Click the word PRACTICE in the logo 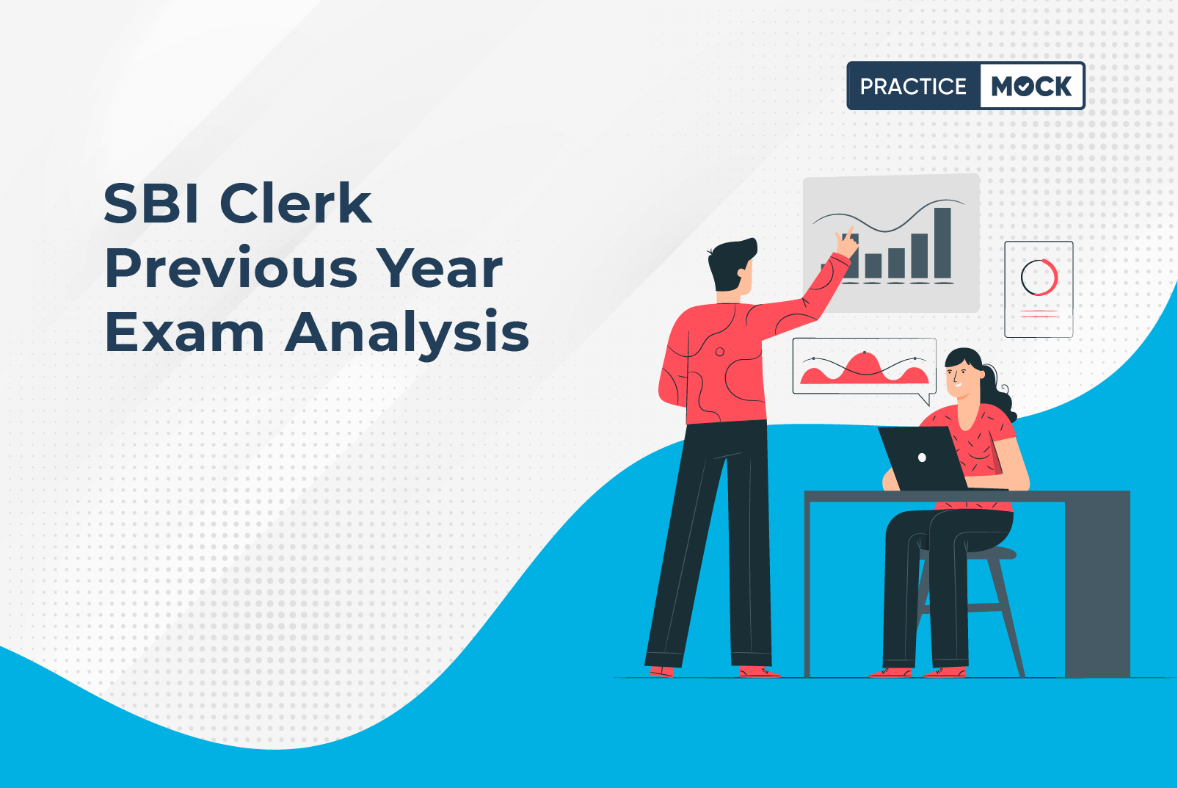(x=913, y=86)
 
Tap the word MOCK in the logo (x=1031, y=86)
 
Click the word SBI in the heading (x=151, y=203)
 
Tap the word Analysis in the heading (x=407, y=335)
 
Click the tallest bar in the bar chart (x=942, y=243)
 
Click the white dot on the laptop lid (x=922, y=458)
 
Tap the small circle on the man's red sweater (x=720, y=351)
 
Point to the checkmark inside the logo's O (x=1024, y=87)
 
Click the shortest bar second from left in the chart (x=873, y=266)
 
